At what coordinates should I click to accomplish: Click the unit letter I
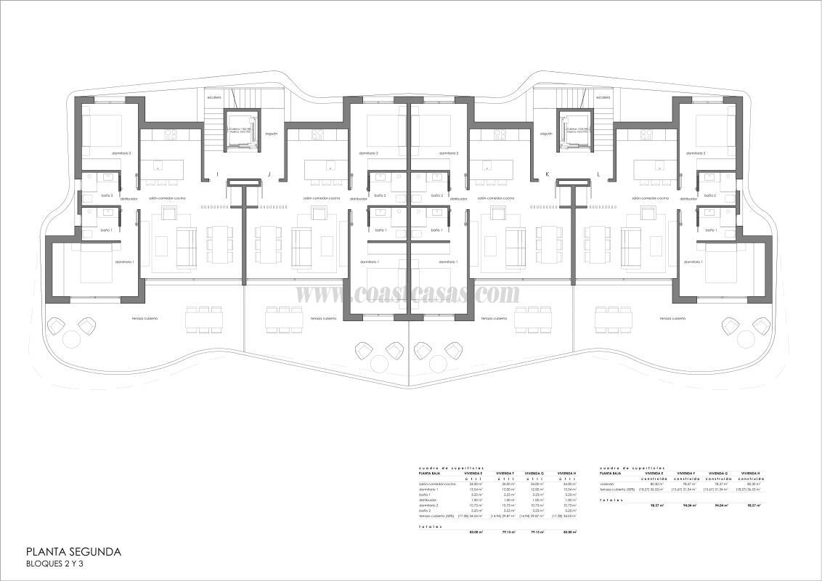point(217,174)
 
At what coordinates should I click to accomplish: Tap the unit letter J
point(269,174)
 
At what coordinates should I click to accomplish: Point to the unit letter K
point(547,174)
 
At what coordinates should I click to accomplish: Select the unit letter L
point(598,174)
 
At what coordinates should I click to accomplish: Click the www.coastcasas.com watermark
point(408,293)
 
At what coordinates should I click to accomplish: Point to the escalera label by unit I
point(213,97)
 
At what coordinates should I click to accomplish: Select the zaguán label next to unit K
point(546,134)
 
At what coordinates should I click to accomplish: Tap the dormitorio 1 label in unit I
point(124,261)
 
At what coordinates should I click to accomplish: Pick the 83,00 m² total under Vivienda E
point(476,532)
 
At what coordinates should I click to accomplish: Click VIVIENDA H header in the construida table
point(752,473)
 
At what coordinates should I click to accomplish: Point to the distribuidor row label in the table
point(428,500)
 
